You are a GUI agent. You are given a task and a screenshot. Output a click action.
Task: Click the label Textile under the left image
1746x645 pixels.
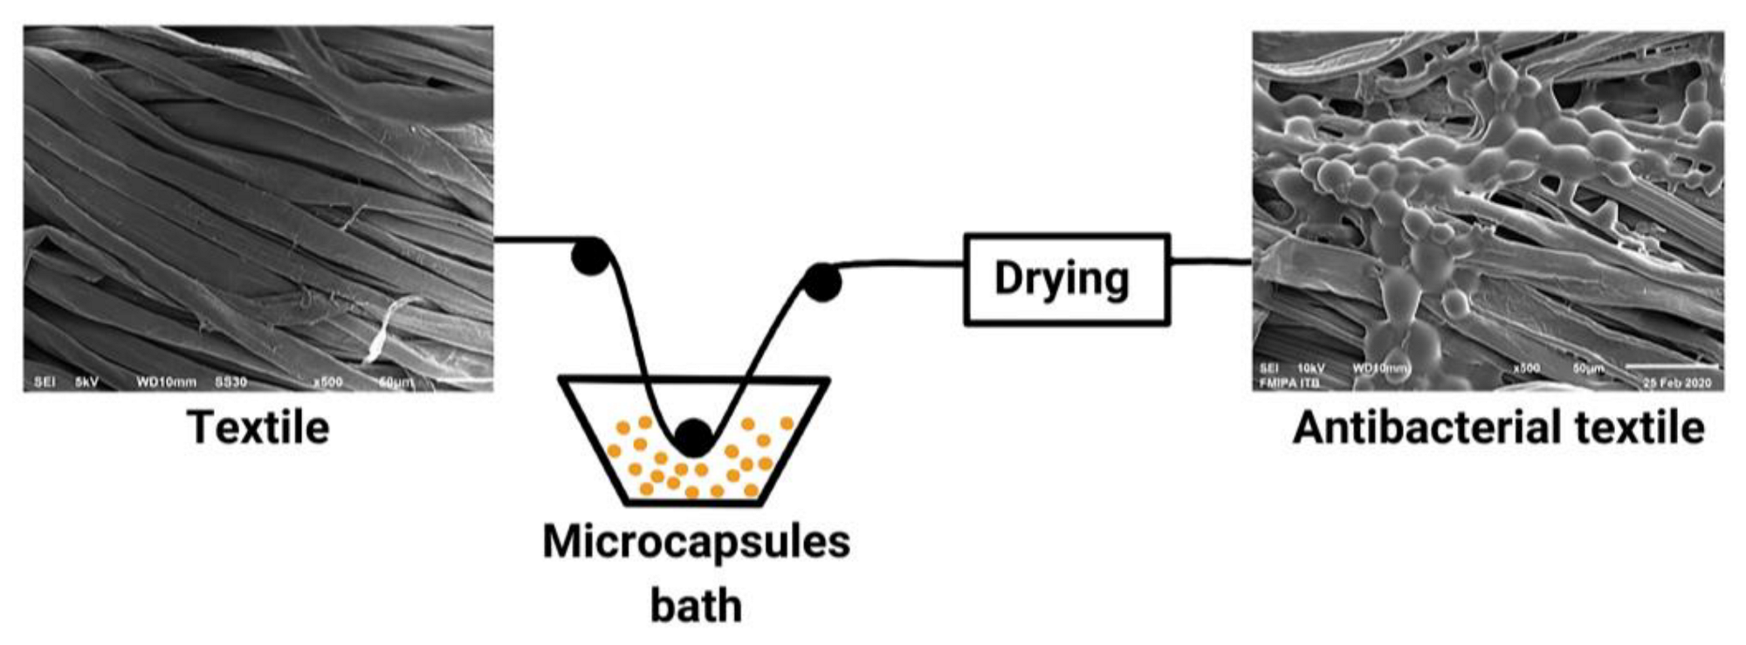point(258,429)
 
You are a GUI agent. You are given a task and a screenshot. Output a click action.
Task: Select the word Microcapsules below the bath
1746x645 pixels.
point(696,542)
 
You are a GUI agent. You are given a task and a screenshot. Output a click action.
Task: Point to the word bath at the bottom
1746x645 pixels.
point(696,606)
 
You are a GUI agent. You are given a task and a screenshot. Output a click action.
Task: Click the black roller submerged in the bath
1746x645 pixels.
point(694,437)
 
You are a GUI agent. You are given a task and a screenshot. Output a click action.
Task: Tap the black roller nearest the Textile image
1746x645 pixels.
point(591,257)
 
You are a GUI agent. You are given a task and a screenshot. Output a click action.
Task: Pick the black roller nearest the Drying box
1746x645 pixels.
point(821,282)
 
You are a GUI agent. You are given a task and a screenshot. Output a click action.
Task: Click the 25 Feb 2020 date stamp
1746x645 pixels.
point(1677,382)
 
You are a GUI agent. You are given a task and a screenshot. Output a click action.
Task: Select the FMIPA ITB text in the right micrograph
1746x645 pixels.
point(1289,382)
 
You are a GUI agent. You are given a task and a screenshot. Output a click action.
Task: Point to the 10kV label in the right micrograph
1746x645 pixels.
point(1310,368)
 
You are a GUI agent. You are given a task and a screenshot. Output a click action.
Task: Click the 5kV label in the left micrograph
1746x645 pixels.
point(87,381)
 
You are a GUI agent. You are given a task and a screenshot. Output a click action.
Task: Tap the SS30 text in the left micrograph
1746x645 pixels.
point(231,381)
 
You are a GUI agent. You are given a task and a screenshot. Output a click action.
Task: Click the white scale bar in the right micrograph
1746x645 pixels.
point(1673,367)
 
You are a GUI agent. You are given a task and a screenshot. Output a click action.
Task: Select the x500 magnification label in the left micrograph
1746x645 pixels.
point(327,381)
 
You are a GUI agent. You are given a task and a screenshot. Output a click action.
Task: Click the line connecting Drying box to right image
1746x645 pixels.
point(1211,261)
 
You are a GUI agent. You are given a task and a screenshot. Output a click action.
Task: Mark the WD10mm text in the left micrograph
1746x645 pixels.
point(166,381)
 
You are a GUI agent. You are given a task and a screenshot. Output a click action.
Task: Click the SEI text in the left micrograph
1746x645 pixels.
point(44,381)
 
